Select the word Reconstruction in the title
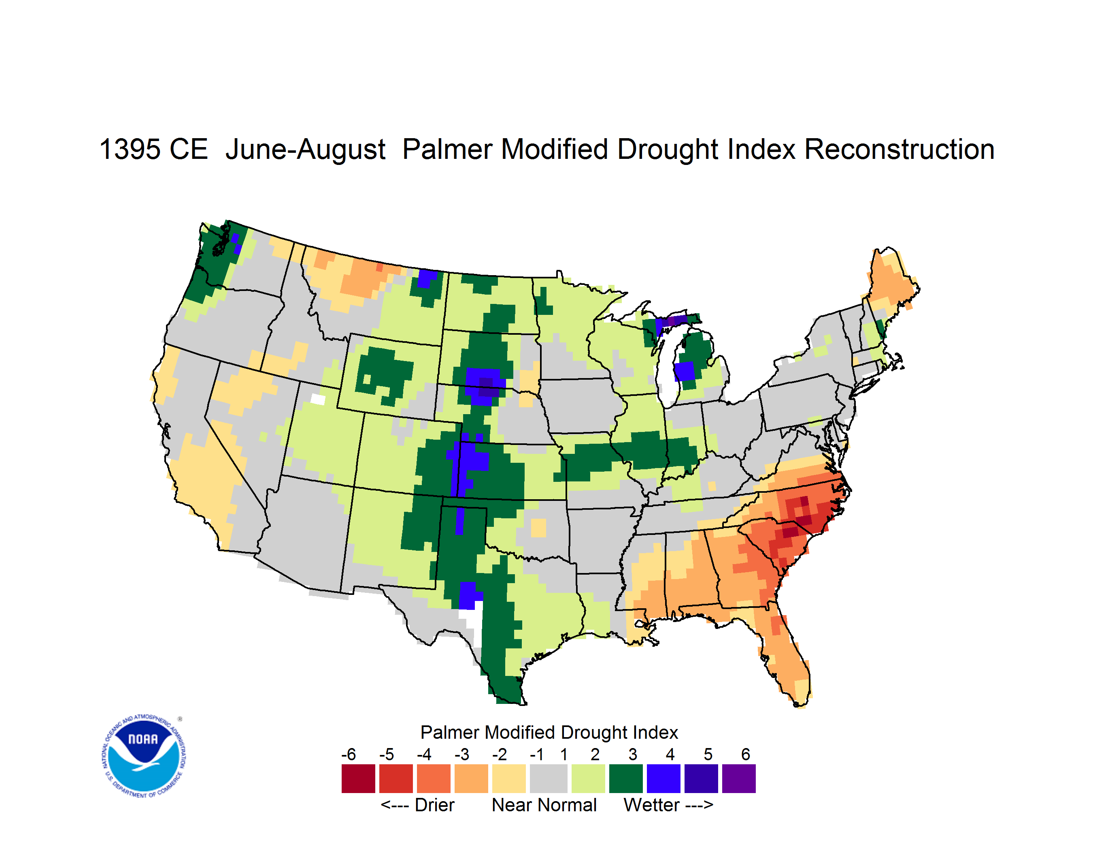click(x=899, y=149)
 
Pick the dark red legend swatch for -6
click(x=358, y=778)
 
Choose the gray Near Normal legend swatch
click(x=549, y=778)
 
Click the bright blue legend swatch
click(x=663, y=778)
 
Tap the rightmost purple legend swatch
click(x=739, y=778)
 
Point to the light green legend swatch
click(x=589, y=778)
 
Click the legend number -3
click(x=461, y=754)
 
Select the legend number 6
click(x=746, y=754)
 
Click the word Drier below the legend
click(x=434, y=806)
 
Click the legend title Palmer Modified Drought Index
click(x=549, y=733)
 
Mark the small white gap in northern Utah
click(x=318, y=399)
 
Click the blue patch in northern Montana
click(x=427, y=278)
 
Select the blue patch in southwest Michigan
click(x=684, y=372)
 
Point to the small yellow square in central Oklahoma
click(x=538, y=528)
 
